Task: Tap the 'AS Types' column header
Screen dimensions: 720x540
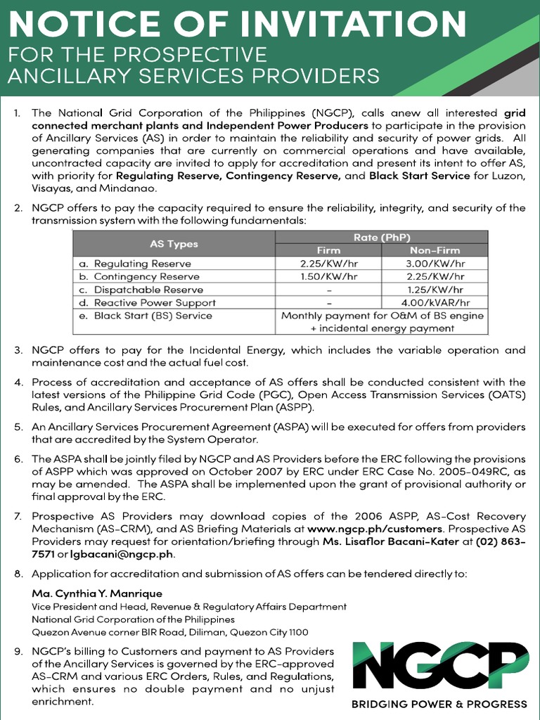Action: tap(174, 244)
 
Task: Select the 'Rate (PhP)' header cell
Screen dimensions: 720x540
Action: tap(382, 237)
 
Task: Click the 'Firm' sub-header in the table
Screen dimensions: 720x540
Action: tap(328, 250)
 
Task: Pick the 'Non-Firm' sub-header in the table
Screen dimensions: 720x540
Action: tap(435, 250)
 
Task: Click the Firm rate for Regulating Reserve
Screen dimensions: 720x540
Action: tap(328, 264)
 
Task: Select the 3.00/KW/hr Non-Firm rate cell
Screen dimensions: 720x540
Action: tap(435, 264)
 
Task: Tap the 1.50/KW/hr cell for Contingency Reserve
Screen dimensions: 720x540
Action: tap(328, 276)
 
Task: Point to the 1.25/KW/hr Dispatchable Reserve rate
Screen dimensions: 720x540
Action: tap(435, 290)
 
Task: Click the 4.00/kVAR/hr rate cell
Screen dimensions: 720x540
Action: tap(435, 302)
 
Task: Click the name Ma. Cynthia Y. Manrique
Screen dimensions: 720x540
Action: tap(97, 593)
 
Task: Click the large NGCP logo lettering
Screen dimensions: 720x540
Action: tap(439, 667)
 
